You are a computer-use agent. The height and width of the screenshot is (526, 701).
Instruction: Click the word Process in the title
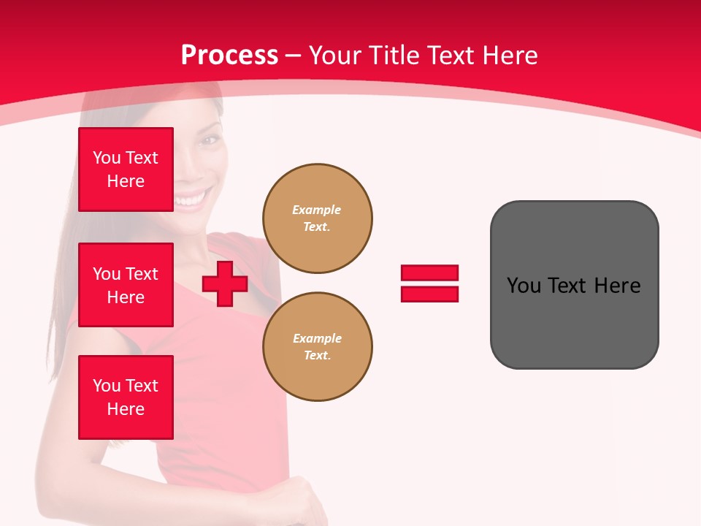(x=229, y=56)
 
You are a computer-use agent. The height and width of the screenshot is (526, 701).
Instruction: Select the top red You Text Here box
(x=126, y=169)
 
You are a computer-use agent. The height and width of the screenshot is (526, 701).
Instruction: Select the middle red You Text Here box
(x=126, y=285)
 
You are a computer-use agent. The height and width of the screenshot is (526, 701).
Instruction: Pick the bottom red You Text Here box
(x=126, y=397)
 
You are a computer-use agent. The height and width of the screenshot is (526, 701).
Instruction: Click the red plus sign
(x=225, y=283)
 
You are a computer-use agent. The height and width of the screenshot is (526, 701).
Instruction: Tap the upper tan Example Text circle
(x=318, y=218)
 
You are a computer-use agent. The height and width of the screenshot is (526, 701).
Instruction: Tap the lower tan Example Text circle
(x=318, y=347)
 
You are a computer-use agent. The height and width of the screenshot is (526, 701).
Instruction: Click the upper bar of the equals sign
(x=429, y=272)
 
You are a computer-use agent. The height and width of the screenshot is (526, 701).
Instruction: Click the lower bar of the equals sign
(x=429, y=294)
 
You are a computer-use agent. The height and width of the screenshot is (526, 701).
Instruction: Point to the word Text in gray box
(x=567, y=286)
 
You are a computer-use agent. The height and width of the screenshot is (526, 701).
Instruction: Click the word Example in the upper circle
(x=317, y=210)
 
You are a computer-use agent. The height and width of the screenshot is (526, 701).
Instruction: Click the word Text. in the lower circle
(x=317, y=356)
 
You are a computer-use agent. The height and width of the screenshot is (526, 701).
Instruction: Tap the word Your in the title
(x=334, y=56)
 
